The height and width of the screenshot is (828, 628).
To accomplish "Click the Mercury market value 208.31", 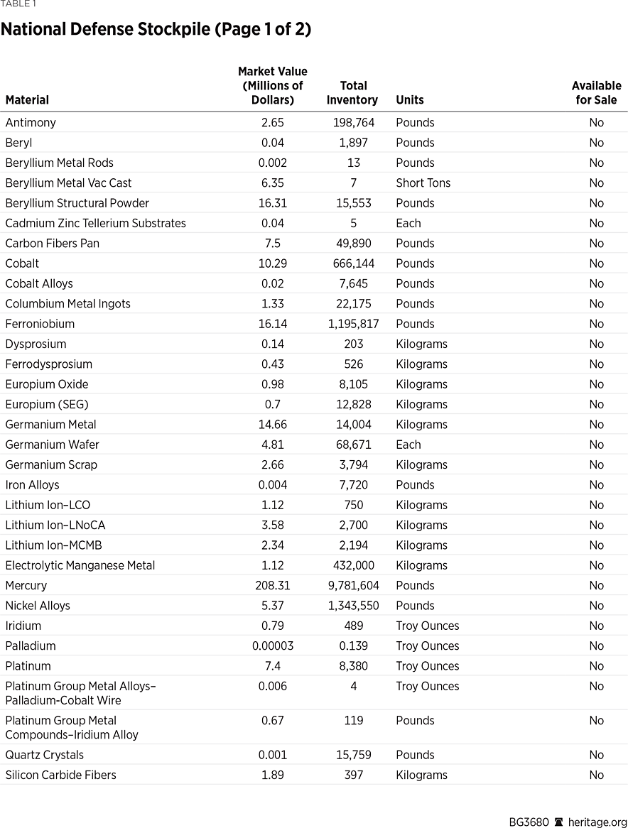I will [x=273, y=586].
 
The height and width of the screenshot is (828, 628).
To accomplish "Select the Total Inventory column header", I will [x=352, y=93].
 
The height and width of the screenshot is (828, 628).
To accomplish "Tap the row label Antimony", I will [x=31, y=123].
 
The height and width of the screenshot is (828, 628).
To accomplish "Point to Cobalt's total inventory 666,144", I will [x=354, y=263].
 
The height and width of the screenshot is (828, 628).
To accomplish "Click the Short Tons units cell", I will [x=423, y=183].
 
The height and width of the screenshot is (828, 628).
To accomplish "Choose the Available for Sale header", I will [x=596, y=93].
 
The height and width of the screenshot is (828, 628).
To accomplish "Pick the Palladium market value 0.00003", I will [x=273, y=646].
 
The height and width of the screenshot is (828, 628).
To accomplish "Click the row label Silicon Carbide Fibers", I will [x=60, y=775].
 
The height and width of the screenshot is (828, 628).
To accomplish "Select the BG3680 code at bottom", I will [x=529, y=822].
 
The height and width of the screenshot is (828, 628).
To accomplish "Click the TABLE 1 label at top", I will [x=18, y=4].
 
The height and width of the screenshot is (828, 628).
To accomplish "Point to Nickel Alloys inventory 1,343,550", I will [x=354, y=606].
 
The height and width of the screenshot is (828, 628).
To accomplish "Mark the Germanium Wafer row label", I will [x=53, y=445].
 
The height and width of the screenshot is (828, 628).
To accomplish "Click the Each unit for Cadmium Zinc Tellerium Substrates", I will [x=408, y=223].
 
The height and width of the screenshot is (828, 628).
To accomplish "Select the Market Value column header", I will [x=273, y=86].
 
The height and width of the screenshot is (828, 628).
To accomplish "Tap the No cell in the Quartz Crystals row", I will [x=596, y=755].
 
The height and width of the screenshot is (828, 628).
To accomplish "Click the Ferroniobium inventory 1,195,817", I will [x=354, y=324].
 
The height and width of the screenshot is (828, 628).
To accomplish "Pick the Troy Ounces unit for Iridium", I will [x=428, y=626].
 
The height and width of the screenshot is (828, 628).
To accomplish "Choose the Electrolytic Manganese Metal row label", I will [x=80, y=565].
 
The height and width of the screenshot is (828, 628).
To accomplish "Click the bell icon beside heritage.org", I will [x=559, y=822].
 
